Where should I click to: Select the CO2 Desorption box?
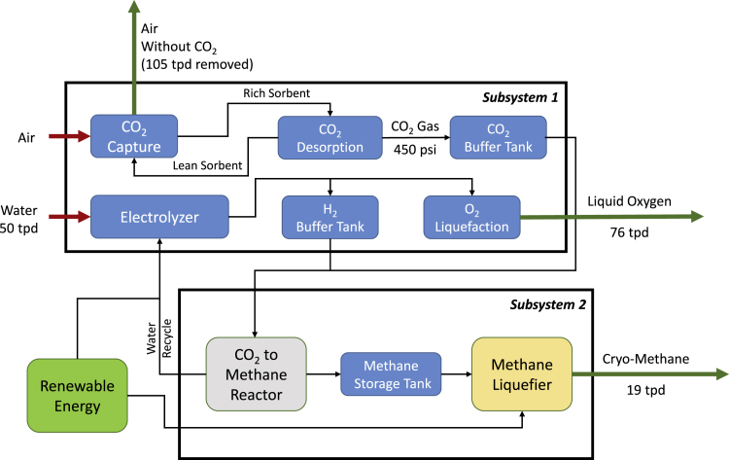pyautogui.click(x=329, y=136)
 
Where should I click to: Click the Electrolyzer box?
pyautogui.click(x=159, y=217)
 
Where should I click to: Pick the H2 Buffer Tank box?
pyautogui.click(x=329, y=217)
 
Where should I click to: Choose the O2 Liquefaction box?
pyautogui.click(x=472, y=217)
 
